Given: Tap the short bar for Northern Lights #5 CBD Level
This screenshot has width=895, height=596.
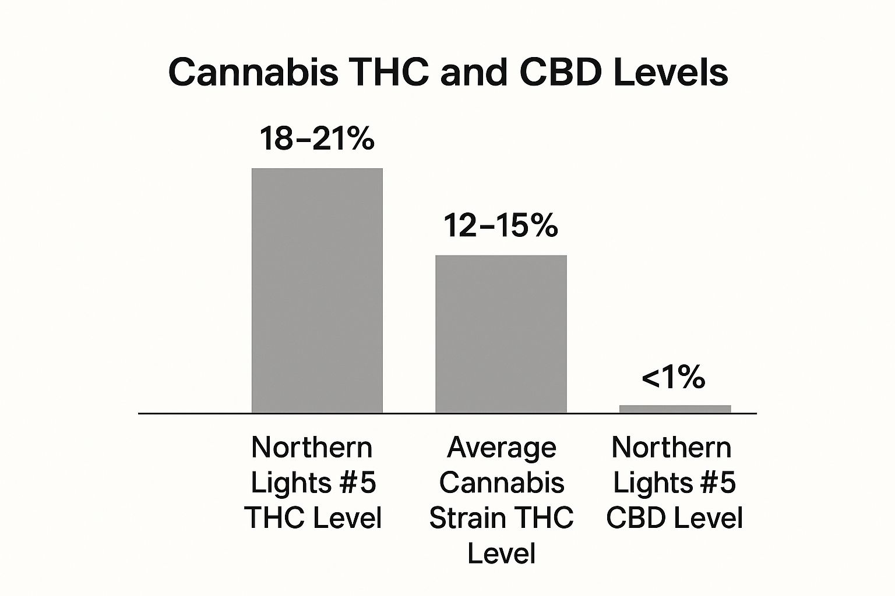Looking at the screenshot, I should click(675, 409).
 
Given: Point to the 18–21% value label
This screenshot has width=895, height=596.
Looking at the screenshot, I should click(316, 139).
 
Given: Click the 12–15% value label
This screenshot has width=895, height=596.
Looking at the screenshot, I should click(501, 225).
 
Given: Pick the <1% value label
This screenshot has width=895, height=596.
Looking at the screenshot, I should click(674, 378).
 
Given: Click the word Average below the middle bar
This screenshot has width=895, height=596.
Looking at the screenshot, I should click(502, 448).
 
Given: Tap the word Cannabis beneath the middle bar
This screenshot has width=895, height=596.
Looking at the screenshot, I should click(502, 483).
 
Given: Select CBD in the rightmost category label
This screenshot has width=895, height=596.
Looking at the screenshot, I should click(635, 517).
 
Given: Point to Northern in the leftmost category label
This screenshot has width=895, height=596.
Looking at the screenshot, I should click(312, 448).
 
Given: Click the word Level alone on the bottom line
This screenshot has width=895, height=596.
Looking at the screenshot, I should click(502, 552).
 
